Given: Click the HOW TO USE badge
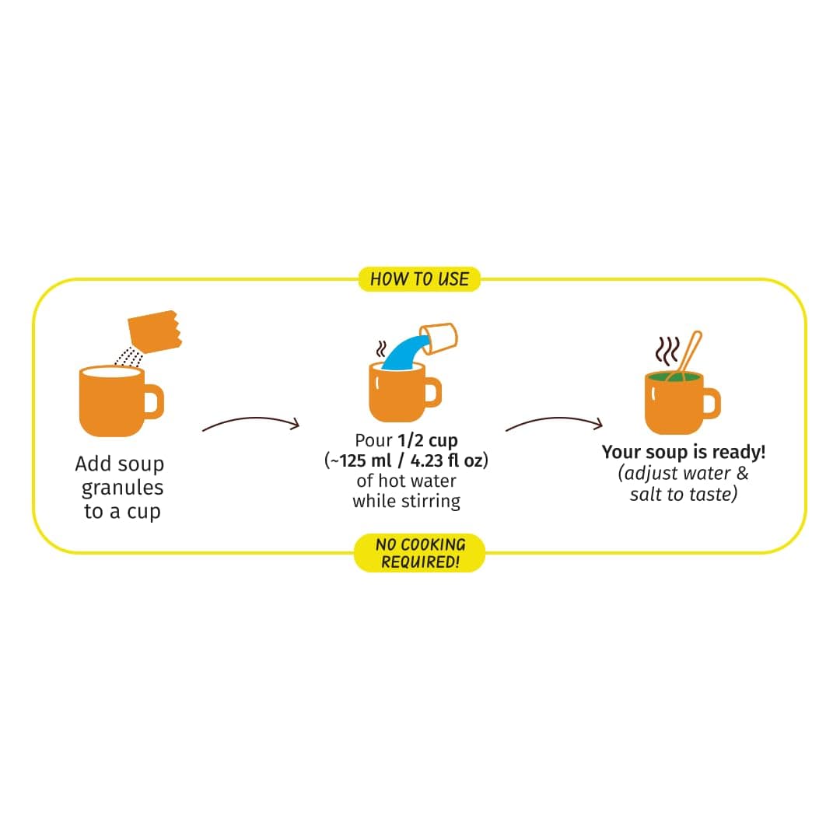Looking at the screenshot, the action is (419, 279).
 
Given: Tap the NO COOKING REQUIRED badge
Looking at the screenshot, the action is (419, 553).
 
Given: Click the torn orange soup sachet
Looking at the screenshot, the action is (155, 331).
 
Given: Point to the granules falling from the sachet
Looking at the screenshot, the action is (129, 357).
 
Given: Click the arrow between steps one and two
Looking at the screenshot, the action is (250, 422).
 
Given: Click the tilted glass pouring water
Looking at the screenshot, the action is (439, 338).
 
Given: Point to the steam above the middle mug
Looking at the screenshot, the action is (381, 348).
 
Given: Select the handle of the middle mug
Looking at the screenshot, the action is (433, 391).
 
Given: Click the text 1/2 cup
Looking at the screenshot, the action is (428, 440).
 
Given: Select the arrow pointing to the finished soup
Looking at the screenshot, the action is (554, 422).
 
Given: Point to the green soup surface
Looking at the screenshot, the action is (674, 377).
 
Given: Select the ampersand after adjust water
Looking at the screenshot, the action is (743, 473).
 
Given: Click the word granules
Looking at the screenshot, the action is (122, 488).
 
